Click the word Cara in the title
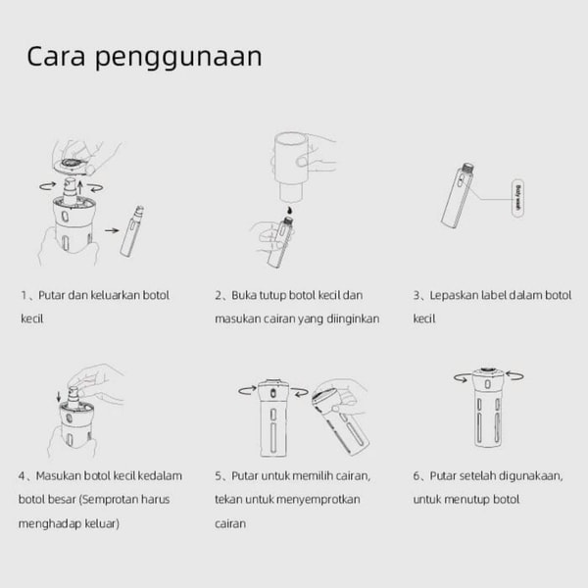tap(56, 57)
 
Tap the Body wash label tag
tap(517, 198)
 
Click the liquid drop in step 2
tap(289, 211)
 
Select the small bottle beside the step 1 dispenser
tap(132, 231)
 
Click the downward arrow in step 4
tap(59, 397)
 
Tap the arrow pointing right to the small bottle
tap(112, 230)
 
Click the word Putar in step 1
tap(52, 295)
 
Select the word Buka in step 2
tap(244, 295)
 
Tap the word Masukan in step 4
tap(58, 476)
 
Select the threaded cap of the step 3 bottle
tap(467, 168)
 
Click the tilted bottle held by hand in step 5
tap(340, 420)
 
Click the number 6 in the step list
tap(416, 476)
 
